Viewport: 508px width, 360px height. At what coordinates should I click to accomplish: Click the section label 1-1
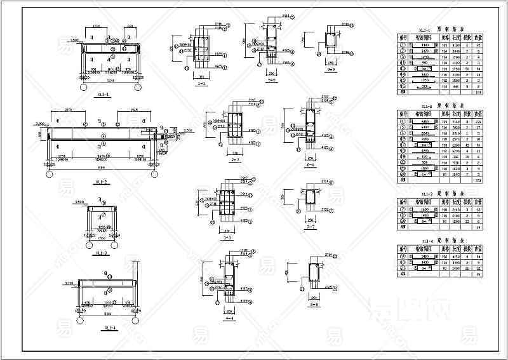point(202,84)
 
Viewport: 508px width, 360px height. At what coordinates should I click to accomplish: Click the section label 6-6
point(311,163)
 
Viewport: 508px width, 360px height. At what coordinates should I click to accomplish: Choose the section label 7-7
point(311,227)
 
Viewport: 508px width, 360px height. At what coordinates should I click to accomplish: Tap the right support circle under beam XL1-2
point(154,173)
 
